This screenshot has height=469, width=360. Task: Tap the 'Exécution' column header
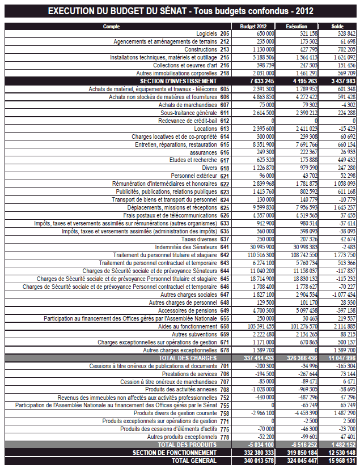297,27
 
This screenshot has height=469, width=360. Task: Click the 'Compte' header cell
112,27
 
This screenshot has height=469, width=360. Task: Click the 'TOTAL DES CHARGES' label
187,358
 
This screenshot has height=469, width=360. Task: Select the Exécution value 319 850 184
297,453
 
